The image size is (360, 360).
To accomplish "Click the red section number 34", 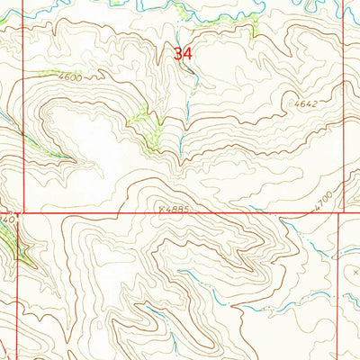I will click(183, 54).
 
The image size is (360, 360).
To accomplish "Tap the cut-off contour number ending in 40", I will click(8, 219).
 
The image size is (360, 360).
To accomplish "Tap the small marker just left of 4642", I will click(294, 104).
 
